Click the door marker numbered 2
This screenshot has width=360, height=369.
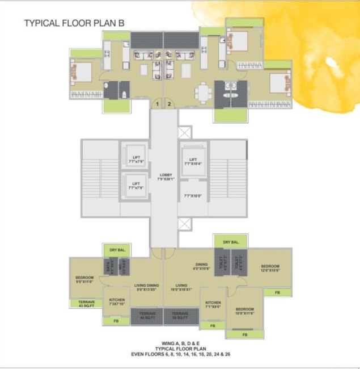pos(169,104)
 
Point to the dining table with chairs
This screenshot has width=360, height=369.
pos(203,91)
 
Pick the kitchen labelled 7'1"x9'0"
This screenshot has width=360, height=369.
pos(213,305)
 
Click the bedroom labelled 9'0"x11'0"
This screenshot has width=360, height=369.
pos(84,279)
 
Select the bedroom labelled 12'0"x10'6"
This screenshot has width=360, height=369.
pos(269,268)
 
